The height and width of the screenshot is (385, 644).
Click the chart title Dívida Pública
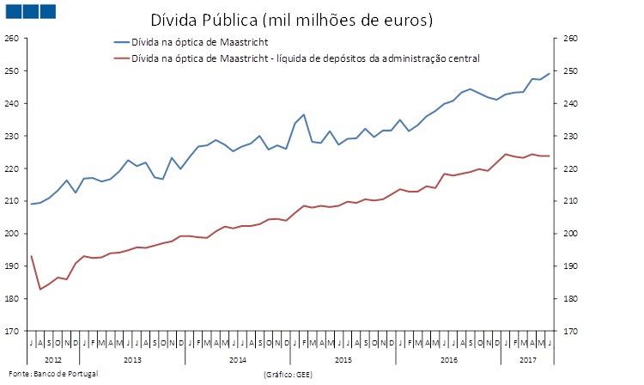pyautogui.click(x=291, y=19)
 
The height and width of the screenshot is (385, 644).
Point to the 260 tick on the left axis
pyautogui.click(x=11, y=39)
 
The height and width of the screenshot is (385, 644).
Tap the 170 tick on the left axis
pyautogui.click(x=11, y=331)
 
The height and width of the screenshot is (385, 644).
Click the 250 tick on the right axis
pyautogui.click(x=571, y=71)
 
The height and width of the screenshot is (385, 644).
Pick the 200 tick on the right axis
pyautogui.click(x=571, y=234)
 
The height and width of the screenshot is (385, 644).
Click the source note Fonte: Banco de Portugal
pyautogui.click(x=50, y=375)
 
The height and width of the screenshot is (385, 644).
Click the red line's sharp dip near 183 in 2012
pyautogui.click(x=40, y=289)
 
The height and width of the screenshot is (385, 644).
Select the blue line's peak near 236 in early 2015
pyautogui.click(x=304, y=114)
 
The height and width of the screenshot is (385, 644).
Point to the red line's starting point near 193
pyautogui.click(x=32, y=256)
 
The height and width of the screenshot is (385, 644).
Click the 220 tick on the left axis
pyautogui.click(x=11, y=168)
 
